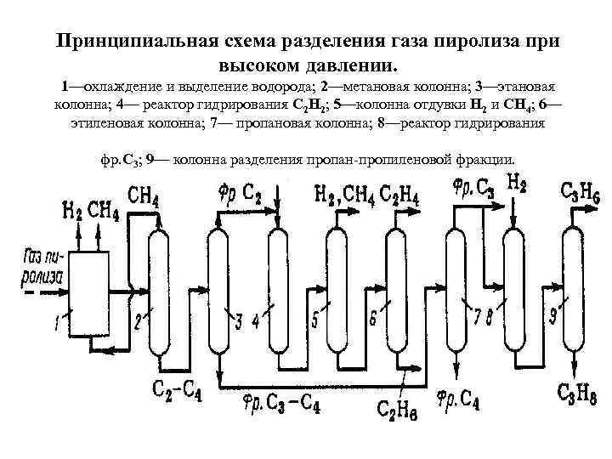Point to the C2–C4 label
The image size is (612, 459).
click(177, 390)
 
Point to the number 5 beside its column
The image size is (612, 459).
click(315, 320)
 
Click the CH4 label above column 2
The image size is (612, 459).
click(144, 197)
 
